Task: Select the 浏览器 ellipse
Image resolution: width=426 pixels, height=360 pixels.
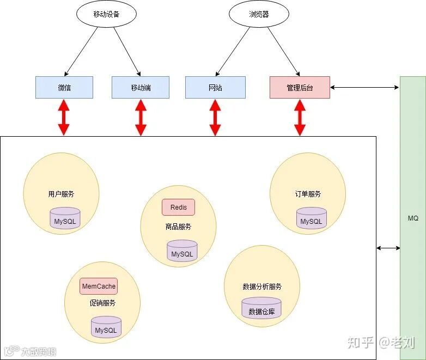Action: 258,15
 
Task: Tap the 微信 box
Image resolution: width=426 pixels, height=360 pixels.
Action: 64,87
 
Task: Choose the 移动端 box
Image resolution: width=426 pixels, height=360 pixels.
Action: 141,87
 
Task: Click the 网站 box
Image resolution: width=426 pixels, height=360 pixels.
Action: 215,87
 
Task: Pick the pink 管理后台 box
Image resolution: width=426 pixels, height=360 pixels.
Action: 300,87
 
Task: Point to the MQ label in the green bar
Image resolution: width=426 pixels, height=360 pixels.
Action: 413,218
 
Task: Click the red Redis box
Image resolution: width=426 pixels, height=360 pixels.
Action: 178,208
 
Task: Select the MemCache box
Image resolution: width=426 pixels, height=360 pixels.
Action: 99,286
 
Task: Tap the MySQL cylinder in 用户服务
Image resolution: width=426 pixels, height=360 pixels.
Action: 65,219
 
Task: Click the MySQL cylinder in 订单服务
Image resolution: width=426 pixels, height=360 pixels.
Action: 312,218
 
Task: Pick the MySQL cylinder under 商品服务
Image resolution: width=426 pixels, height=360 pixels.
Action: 182,251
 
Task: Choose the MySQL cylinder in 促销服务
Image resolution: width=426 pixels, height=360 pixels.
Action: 106,327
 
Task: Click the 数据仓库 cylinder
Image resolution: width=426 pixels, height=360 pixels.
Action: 261,309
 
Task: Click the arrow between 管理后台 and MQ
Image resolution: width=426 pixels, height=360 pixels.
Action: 364,87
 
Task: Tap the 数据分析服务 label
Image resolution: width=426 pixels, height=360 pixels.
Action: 262,286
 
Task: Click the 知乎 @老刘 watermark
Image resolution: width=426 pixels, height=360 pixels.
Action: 381,343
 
